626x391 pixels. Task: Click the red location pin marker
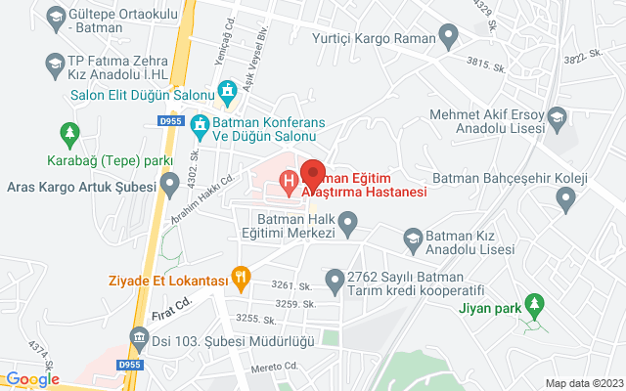pos(313,172)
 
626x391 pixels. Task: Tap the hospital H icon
pos(290,181)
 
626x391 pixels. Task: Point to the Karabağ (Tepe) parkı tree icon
pos(69,132)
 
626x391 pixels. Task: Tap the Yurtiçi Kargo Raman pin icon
pos(449,39)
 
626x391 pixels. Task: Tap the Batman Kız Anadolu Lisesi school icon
pos(413,238)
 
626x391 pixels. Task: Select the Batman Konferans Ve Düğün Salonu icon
pos(199,125)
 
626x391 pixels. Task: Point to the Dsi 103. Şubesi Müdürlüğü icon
pos(138,340)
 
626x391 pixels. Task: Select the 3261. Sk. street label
pos(291,286)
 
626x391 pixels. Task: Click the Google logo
pos(32,379)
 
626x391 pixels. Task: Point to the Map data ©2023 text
pos(583,383)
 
